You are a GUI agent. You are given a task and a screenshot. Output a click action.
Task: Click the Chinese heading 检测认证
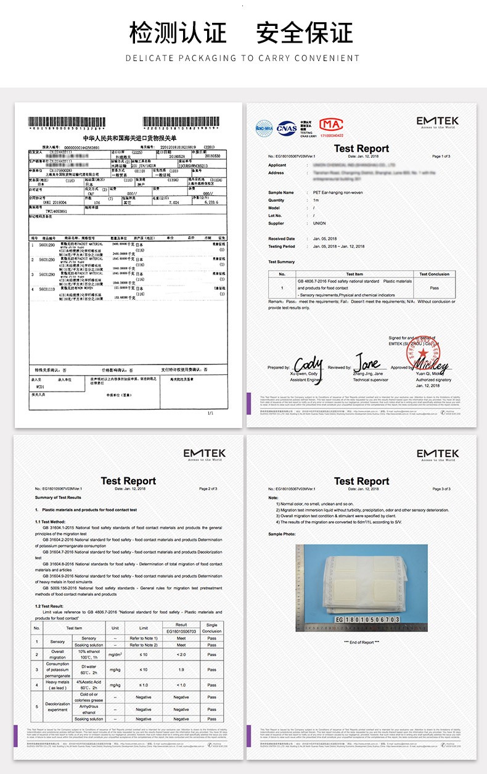pyautogui.click(x=178, y=33)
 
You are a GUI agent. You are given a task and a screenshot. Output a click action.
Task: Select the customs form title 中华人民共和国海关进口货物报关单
pyautogui.click(x=129, y=139)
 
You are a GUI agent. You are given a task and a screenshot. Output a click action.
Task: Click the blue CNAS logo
pyautogui.click(x=287, y=128)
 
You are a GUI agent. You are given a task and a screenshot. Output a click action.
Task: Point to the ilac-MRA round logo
pyautogui.click(x=263, y=128)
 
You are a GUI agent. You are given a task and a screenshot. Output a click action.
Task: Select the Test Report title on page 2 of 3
pyautogui.click(x=128, y=481)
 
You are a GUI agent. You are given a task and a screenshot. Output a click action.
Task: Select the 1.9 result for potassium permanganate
pyautogui.click(x=181, y=669)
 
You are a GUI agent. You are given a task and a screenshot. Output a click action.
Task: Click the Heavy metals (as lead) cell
pyautogui.click(x=57, y=685)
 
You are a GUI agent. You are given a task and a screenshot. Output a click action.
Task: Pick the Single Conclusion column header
pyautogui.click(x=211, y=628)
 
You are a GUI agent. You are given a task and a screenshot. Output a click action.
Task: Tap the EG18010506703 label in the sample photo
pyautogui.click(x=368, y=619)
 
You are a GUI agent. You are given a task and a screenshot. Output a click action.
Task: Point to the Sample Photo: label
pyautogui.click(x=282, y=534)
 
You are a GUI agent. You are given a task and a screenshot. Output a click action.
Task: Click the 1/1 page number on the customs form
pyautogui.click(x=210, y=413)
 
